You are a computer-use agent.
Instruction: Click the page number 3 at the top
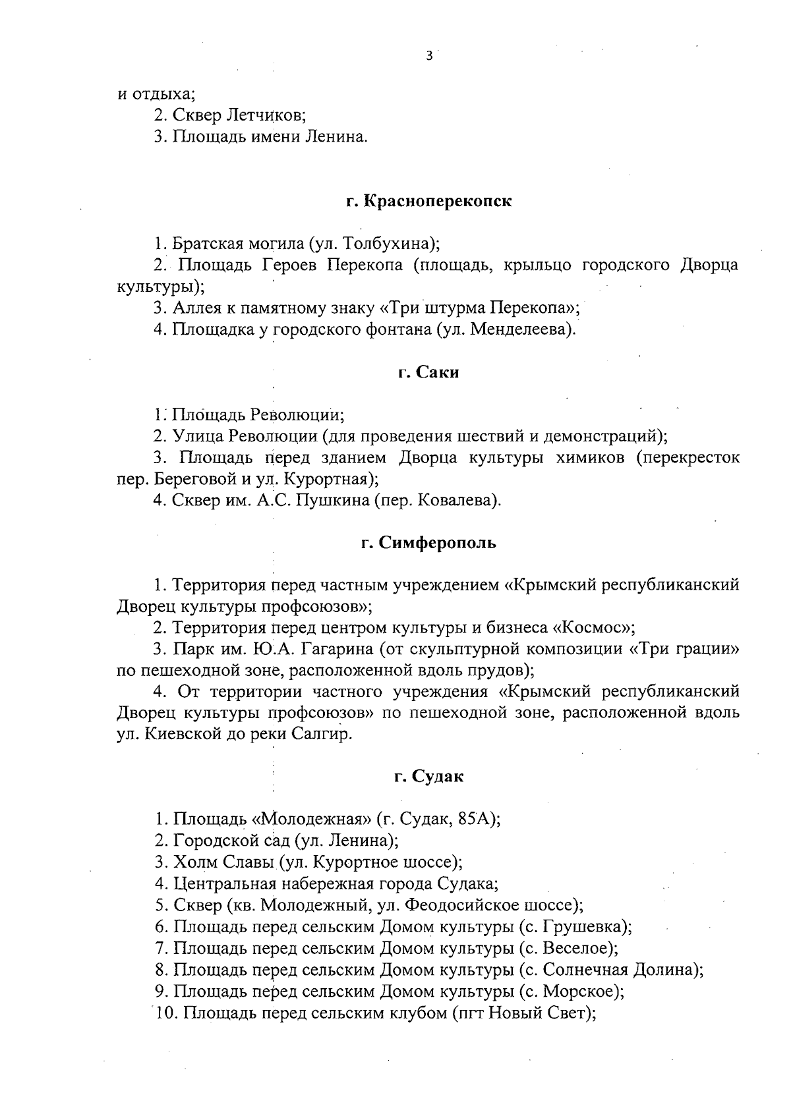coord(429,57)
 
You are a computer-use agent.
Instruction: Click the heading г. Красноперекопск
coord(429,202)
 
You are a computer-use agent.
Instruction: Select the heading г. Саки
coord(428,373)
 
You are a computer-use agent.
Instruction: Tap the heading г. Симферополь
coord(428,544)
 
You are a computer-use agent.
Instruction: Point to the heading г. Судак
coord(428,777)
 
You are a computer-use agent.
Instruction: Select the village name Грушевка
coord(582,927)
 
